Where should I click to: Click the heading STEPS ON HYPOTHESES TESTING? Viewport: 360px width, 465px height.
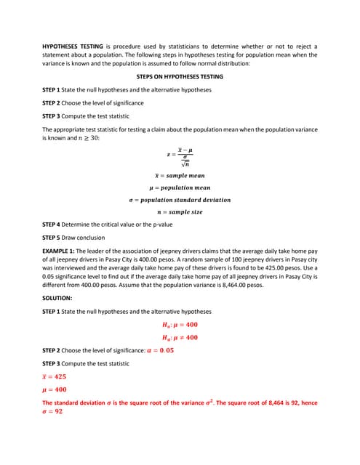(180, 76)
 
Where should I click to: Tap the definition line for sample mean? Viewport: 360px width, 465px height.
(180, 176)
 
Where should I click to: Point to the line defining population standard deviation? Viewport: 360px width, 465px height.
(180, 200)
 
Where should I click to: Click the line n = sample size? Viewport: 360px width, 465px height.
(180, 212)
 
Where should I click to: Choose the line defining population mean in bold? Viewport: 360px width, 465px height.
(180, 187)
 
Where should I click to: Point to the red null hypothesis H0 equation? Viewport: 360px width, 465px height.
(180, 325)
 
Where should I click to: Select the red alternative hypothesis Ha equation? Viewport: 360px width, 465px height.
(180, 337)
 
